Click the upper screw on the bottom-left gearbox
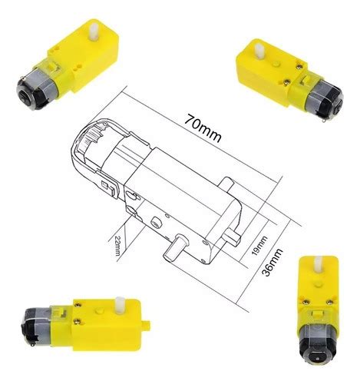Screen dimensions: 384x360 click(x=79, y=306)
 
